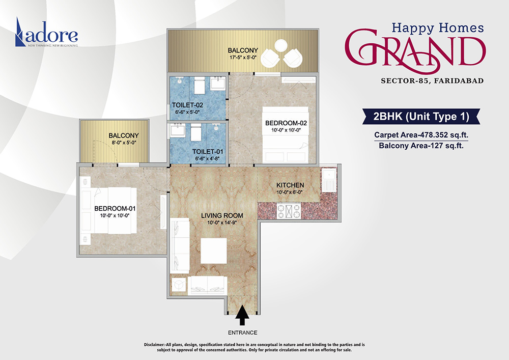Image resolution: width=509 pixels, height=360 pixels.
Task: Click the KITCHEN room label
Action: tap(290, 185)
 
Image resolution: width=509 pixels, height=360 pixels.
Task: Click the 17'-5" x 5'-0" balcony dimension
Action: tap(243, 58)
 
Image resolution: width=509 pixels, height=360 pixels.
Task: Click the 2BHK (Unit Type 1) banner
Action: tap(420, 117)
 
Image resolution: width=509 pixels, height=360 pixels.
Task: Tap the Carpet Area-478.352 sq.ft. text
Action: tap(420, 135)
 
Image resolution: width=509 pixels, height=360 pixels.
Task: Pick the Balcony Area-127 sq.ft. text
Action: tap(420, 146)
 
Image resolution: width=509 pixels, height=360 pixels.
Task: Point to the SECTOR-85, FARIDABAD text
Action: tap(432, 80)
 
